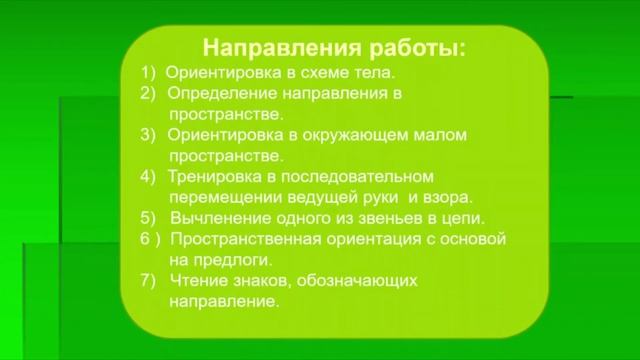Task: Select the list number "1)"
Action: pyautogui.click(x=148, y=73)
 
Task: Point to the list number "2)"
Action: pyautogui.click(x=149, y=93)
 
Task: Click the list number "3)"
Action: pyautogui.click(x=149, y=135)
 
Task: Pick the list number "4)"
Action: pyautogui.click(x=149, y=176)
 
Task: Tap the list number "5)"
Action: pyautogui.click(x=149, y=218)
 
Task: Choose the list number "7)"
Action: pyautogui.click(x=149, y=280)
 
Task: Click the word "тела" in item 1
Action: pyautogui.click(x=376, y=73)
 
